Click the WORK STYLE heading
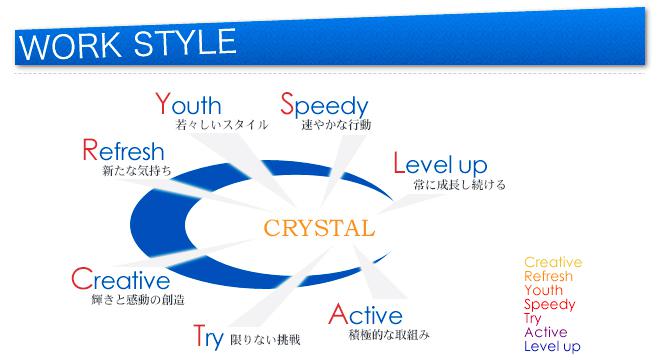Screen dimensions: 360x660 (126, 46)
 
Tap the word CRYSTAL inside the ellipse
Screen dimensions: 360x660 (319, 227)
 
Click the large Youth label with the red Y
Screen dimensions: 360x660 (189, 105)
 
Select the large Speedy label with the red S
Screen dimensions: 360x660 (324, 105)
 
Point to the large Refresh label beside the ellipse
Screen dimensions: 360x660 (124, 152)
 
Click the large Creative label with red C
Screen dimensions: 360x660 (121, 279)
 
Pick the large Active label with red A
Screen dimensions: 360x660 (365, 315)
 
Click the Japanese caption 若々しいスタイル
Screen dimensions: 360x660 (222, 126)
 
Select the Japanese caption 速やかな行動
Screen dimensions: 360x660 (336, 126)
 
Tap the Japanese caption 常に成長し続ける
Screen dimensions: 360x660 (459, 184)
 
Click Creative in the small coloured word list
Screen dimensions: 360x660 (553, 263)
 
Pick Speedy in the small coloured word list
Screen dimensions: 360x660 (549, 305)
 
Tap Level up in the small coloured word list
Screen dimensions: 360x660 (552, 346)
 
